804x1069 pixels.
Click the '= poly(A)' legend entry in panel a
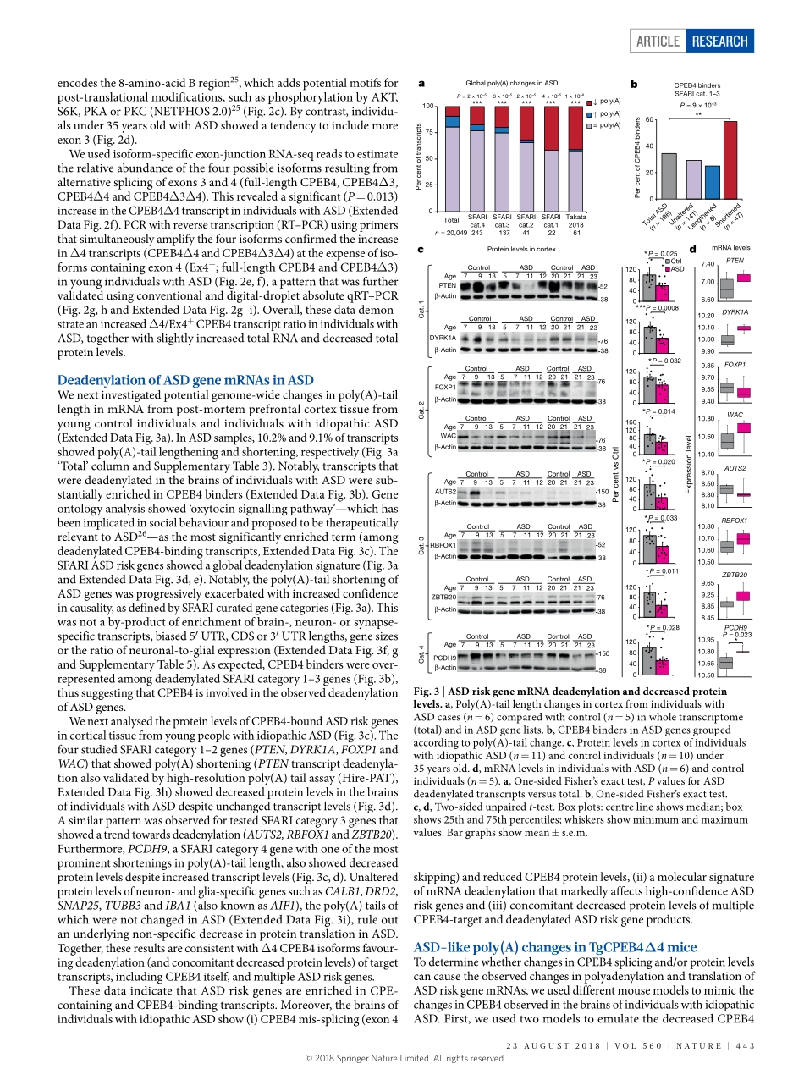point(604,124)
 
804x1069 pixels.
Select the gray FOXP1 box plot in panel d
point(726,388)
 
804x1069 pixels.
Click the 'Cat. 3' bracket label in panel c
point(421,546)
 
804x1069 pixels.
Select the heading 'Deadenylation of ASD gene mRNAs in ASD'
point(184,380)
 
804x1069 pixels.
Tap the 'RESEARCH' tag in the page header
point(719,41)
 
